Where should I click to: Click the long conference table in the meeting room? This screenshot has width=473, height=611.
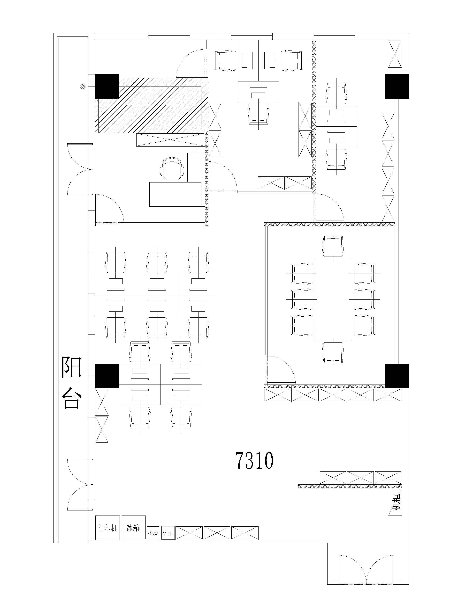[333, 299]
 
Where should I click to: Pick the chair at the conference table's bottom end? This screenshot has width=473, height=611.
[333, 353]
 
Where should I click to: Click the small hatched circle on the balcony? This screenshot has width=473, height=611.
[82, 87]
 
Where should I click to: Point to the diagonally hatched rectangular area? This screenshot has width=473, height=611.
[152, 105]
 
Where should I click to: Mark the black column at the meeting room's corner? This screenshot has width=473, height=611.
[397, 376]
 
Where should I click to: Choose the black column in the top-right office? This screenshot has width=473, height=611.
[397, 87]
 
